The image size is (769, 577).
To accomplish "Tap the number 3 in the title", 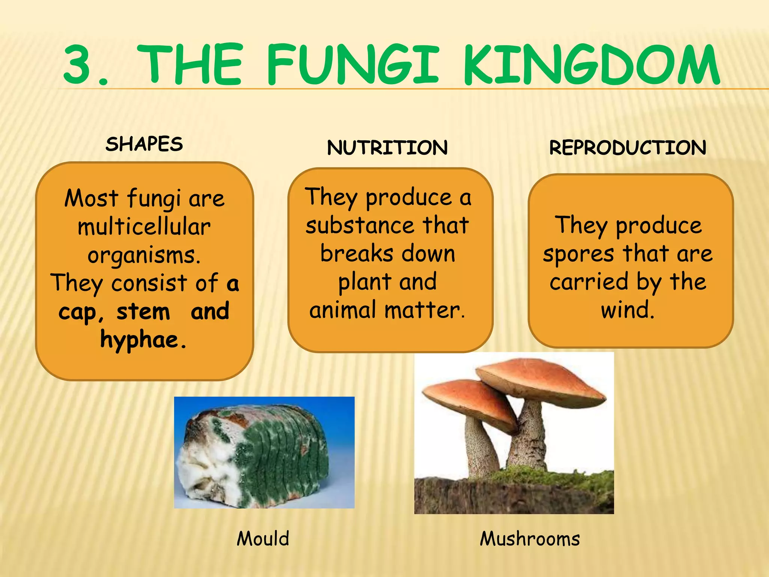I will click(x=78, y=65).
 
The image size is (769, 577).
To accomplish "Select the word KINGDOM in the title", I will click(x=591, y=65).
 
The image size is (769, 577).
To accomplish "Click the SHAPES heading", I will click(x=144, y=144).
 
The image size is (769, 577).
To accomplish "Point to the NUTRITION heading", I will click(x=387, y=148).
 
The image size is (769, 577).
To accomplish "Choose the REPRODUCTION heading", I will click(x=627, y=148).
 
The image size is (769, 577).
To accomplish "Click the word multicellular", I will click(x=144, y=227).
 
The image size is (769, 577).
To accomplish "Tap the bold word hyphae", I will click(x=139, y=340).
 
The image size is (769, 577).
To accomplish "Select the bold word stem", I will click(x=143, y=312).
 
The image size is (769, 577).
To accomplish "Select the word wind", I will click(x=627, y=310).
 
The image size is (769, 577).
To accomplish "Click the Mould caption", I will click(x=263, y=539).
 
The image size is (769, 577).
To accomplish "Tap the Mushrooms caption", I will click(x=530, y=539).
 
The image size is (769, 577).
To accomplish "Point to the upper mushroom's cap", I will click(x=541, y=379).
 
